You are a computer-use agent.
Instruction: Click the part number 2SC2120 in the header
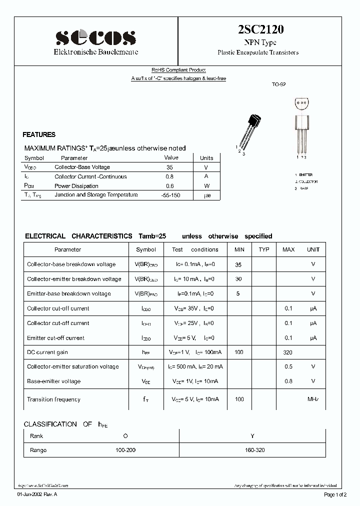(258, 30)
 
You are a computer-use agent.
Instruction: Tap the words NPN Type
(258, 42)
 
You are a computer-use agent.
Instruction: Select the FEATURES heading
(39, 135)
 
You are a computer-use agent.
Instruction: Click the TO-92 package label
(278, 85)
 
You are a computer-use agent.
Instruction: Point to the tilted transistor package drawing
(249, 132)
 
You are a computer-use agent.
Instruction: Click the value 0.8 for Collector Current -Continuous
(170, 176)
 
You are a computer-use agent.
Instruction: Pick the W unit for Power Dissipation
(206, 186)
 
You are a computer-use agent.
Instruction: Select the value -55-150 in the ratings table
(170, 195)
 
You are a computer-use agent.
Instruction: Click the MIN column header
(239, 249)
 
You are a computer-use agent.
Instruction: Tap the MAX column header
(288, 249)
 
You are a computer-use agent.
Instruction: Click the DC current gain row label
(47, 352)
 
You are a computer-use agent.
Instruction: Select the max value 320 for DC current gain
(288, 352)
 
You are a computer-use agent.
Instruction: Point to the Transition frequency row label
(53, 399)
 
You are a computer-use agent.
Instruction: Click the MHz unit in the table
(313, 399)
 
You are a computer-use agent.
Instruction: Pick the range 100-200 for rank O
(125, 450)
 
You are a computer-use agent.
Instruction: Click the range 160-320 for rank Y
(255, 450)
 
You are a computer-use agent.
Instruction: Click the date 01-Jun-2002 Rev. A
(37, 495)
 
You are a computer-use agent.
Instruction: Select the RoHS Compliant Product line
(178, 70)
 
